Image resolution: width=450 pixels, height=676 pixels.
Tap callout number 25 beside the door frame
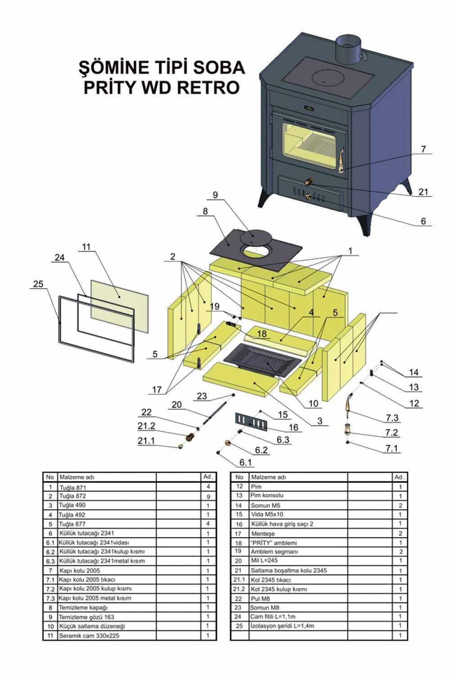click(x=38, y=284)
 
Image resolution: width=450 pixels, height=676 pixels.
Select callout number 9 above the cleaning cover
click(x=215, y=195)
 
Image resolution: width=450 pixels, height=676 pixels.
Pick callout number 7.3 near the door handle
click(x=392, y=418)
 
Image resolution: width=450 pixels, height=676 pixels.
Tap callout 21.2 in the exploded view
click(x=146, y=426)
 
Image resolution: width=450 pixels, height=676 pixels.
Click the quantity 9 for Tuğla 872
click(x=208, y=496)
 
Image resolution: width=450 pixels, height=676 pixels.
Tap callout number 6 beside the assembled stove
click(x=423, y=221)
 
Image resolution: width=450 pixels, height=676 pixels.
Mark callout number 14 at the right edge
click(x=414, y=372)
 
